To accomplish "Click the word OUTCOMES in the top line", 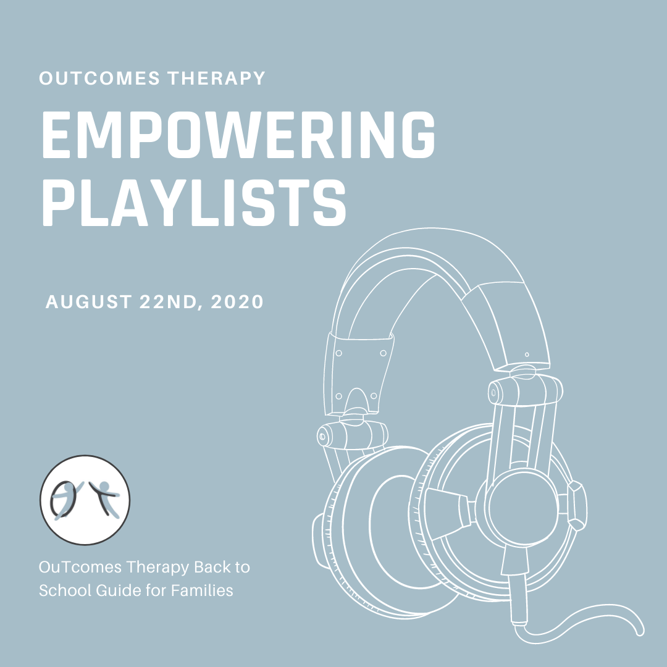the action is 99,78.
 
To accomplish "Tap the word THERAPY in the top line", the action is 217,78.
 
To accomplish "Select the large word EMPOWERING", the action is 238,135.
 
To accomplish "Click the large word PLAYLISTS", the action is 194,202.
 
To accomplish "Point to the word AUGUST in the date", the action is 88,301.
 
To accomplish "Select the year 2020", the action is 237,301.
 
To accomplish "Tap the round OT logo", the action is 85,500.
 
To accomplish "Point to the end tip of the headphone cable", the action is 640,634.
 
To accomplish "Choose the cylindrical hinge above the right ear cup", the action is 526,390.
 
